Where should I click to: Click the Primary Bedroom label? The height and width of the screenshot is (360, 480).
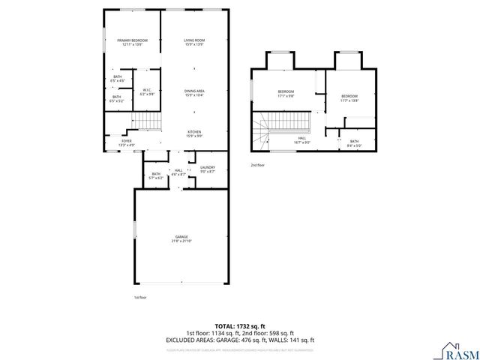point(132,42)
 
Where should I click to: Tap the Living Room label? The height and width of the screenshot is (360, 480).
point(194,42)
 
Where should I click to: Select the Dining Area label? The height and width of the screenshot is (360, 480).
point(194,93)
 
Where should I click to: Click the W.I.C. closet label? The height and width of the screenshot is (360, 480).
point(147,92)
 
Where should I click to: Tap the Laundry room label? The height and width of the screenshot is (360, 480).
point(208,169)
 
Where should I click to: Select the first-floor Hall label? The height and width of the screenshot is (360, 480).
point(178,172)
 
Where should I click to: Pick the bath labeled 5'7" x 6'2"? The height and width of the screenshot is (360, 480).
point(157,175)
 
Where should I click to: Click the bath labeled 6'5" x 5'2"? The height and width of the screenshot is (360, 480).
point(118,98)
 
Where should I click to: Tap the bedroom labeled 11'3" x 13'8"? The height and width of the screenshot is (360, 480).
point(349,98)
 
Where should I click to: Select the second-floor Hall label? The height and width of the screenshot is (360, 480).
point(301,139)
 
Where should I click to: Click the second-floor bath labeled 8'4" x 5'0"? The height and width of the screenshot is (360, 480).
point(354,144)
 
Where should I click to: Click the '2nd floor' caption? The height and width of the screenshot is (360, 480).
point(258,164)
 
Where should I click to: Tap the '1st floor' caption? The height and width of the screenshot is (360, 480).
point(140,298)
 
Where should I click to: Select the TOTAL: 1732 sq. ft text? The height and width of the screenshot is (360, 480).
point(240,327)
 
